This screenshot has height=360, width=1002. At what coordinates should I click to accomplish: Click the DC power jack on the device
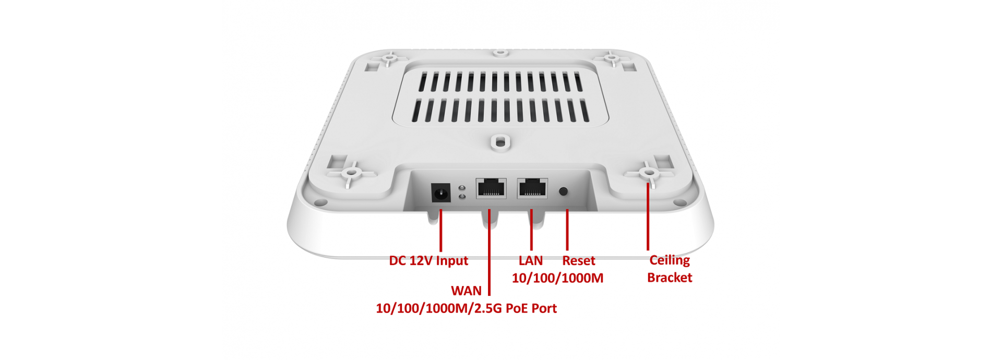click(441, 193)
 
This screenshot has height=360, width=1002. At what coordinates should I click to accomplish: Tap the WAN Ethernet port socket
click(491, 188)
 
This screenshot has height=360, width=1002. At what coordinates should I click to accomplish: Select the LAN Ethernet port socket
click(532, 188)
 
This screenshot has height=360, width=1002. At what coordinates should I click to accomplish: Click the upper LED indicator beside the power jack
click(462, 188)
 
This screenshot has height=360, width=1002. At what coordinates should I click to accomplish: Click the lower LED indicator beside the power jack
click(462, 197)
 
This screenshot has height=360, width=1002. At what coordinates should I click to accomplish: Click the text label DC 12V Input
click(428, 261)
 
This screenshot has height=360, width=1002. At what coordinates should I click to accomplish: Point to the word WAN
click(466, 291)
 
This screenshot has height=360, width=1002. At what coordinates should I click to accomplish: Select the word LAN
click(531, 260)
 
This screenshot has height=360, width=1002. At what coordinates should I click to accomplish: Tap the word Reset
click(578, 261)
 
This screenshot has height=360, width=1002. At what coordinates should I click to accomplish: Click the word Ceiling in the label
click(669, 260)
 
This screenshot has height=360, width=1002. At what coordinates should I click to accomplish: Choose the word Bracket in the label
click(669, 278)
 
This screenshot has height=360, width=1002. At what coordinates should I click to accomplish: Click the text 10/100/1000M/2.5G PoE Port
click(466, 308)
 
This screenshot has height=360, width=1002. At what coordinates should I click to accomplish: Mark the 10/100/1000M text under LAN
click(557, 278)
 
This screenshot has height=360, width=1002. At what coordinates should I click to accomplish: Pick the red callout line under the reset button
click(567, 230)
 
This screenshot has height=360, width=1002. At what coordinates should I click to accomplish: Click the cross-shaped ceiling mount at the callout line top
click(649, 172)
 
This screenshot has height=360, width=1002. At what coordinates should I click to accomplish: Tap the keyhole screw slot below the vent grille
click(500, 141)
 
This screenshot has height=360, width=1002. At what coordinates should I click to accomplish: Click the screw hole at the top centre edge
click(500, 53)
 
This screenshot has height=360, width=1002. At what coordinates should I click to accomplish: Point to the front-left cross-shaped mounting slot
click(351, 172)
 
